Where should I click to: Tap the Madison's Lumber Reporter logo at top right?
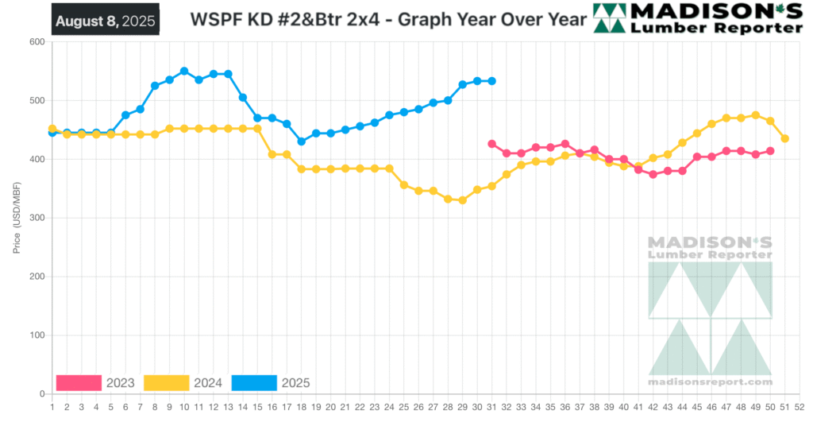coord(699,18)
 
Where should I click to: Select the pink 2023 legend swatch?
coord(79,383)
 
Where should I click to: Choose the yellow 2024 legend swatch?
coord(167,383)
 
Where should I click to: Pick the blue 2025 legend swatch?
coord(254,383)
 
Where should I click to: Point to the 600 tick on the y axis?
coord(35,42)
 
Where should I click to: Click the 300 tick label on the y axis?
coord(35,218)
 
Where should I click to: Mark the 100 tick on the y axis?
coord(35,335)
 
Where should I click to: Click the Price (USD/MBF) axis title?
coord(17,218)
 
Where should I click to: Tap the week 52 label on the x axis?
coord(800,406)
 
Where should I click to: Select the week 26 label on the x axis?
coord(418,406)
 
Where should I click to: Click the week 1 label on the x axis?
coord(52,406)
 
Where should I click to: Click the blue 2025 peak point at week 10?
coord(184,71)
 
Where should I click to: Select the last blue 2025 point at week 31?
coord(491,81)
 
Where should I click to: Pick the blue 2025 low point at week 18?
coord(301,141)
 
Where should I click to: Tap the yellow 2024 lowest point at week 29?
coord(462,200)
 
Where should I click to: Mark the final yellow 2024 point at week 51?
coord(784,138)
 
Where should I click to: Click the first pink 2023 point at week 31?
coord(491,144)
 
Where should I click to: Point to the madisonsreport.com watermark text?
coord(710,382)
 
